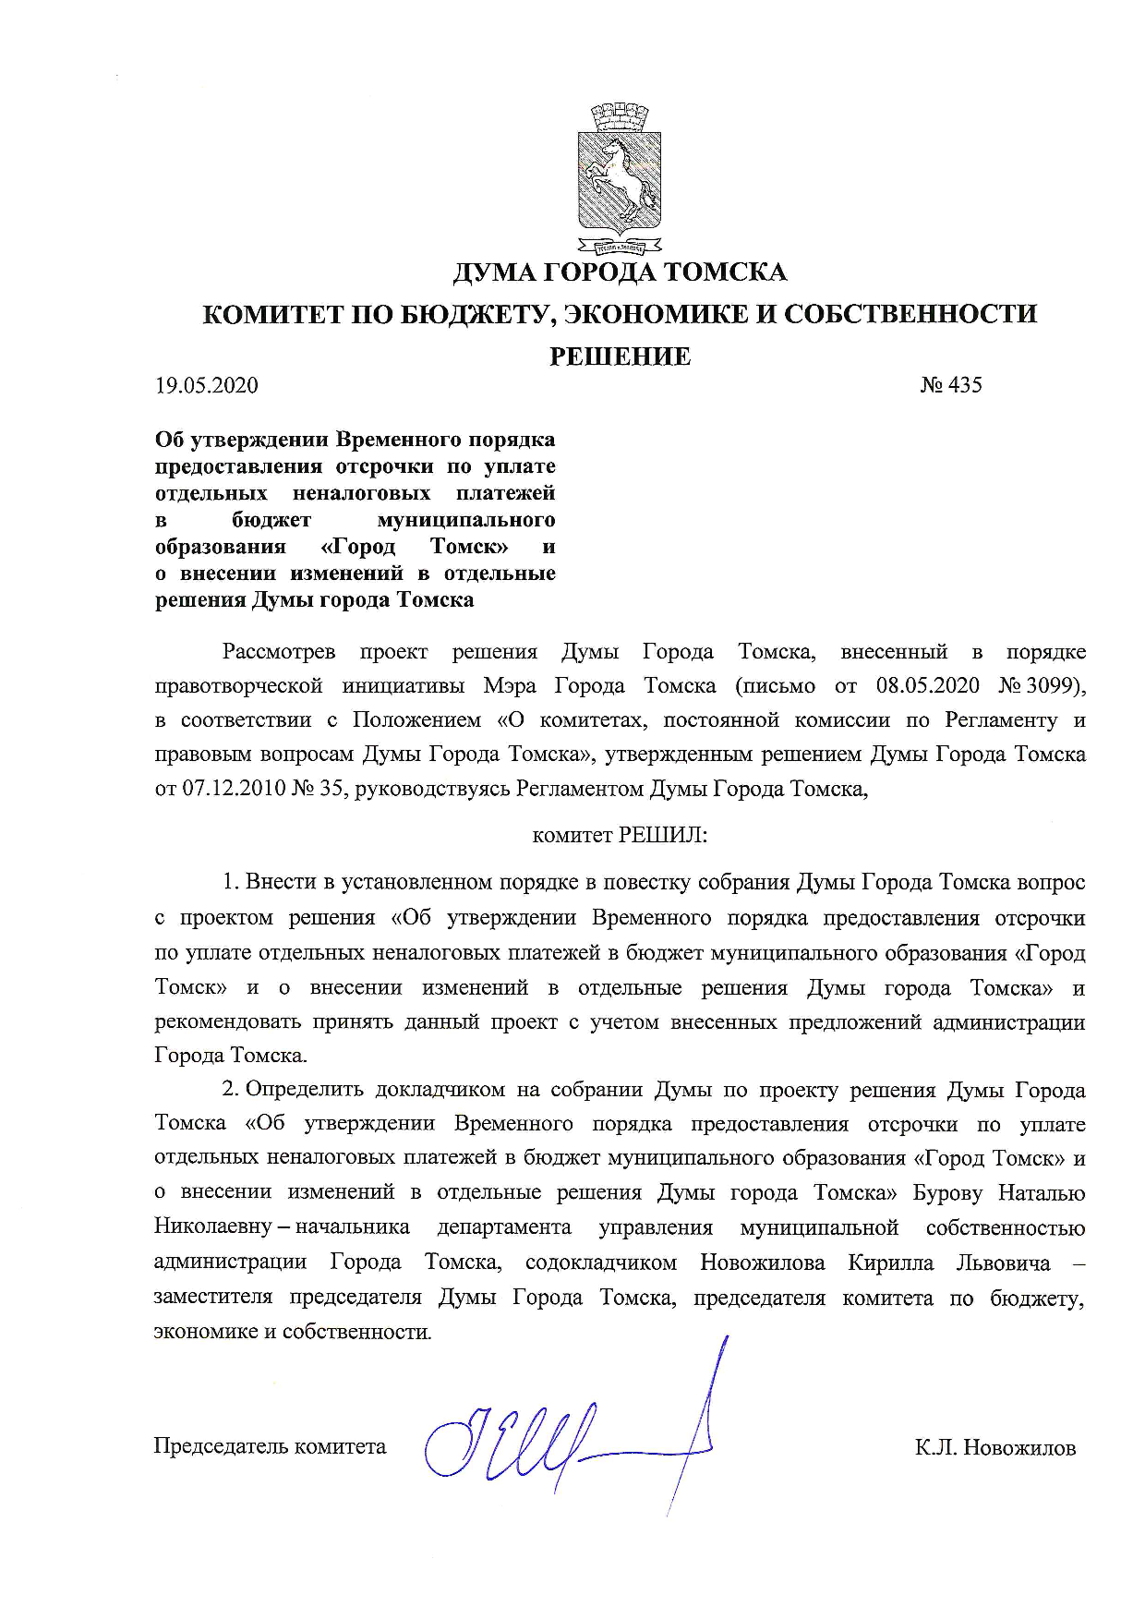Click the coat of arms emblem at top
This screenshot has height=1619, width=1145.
620,180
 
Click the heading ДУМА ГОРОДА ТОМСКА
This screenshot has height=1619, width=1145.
620,272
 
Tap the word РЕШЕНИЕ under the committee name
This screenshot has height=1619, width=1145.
620,356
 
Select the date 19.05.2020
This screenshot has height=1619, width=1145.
207,386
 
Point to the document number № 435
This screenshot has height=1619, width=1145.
951,385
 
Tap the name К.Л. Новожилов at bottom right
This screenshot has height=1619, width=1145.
995,1447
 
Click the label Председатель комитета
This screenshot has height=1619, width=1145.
270,1445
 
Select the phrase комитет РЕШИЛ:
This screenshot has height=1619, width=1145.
620,836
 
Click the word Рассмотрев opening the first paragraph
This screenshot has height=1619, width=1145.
279,652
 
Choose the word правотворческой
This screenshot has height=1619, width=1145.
238,686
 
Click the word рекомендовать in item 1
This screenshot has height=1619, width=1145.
227,1022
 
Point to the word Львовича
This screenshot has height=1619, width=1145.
1003,1263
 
